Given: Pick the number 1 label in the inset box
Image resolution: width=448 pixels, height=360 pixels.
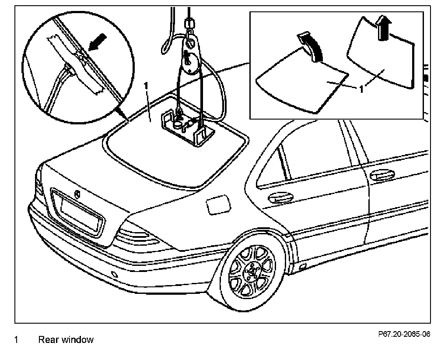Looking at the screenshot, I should (362, 90).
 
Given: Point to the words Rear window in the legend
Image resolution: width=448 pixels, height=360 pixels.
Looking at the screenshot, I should (66, 340).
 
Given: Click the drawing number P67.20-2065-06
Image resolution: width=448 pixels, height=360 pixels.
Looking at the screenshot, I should (404, 334).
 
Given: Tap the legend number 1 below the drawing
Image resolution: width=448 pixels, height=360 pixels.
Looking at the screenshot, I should (16, 340).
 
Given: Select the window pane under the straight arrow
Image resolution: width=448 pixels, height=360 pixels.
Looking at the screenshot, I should (381, 57).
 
